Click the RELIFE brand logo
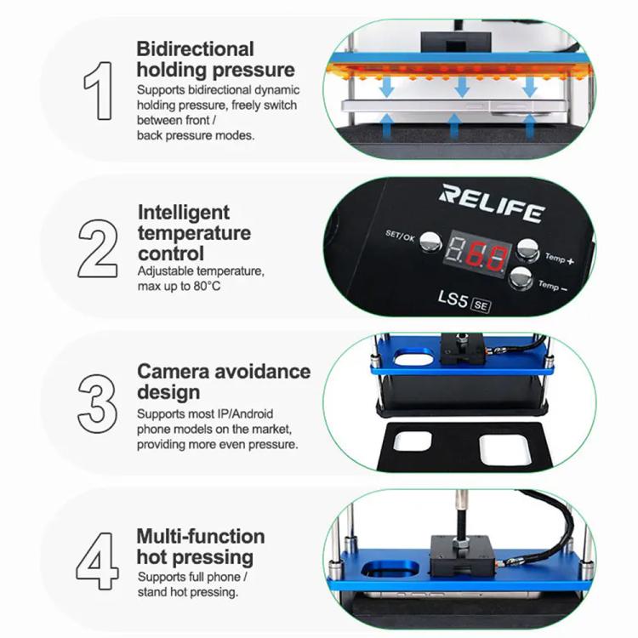pos(491,204)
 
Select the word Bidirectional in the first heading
pos(195,49)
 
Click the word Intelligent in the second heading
pos(184,212)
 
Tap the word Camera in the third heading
pos(177,372)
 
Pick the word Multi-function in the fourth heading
pos(201,536)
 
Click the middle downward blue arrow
pos(463,86)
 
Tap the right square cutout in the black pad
pos(505,447)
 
